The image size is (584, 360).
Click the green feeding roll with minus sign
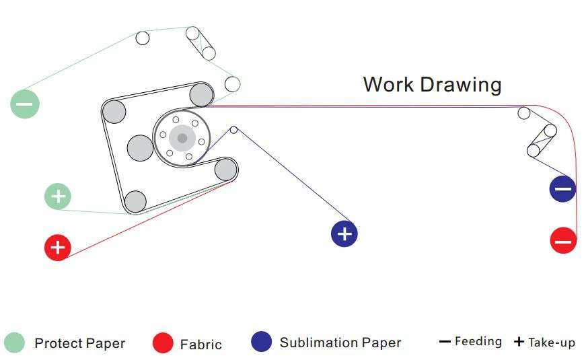[x=25, y=104]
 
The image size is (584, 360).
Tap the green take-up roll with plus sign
[x=58, y=196]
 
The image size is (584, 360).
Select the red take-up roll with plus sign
[x=58, y=248]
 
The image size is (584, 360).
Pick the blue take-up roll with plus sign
[x=344, y=234]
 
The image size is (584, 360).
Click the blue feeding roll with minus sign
[x=562, y=189]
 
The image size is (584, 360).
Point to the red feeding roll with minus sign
[x=563, y=240]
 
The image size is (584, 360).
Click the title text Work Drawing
[x=432, y=85]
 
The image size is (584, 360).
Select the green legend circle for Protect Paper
[x=15, y=343]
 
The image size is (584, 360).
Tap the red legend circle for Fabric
[x=163, y=343]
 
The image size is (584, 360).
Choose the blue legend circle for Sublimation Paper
[x=262, y=341]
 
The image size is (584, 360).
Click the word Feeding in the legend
[x=478, y=341]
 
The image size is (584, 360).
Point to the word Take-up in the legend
[x=552, y=342]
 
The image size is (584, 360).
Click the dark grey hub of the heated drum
[x=182, y=138]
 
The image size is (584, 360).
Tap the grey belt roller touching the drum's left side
[x=140, y=148]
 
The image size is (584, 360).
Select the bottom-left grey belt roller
[x=135, y=202]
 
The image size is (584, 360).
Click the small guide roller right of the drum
[x=233, y=130]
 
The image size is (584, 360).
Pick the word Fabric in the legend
[x=200, y=345]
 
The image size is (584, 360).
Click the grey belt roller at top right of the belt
[x=201, y=95]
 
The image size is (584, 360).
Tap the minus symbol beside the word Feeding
[x=445, y=342]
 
